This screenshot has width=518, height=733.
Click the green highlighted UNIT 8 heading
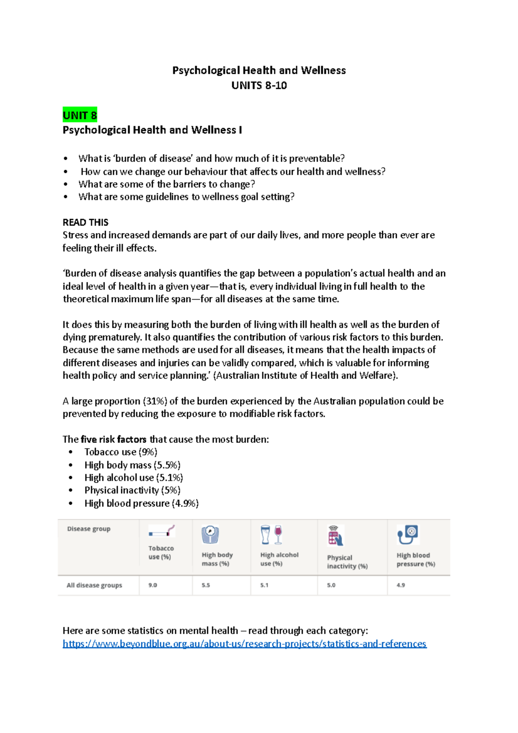click(80, 115)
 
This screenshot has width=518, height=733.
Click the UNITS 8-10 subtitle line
click(259, 85)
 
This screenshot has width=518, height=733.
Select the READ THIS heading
click(85, 222)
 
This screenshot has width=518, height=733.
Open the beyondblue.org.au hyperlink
click(244, 644)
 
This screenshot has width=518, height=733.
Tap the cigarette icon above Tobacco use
click(162, 531)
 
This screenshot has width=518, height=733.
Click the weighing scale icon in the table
click(210, 534)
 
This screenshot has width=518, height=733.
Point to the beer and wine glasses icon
click(272, 534)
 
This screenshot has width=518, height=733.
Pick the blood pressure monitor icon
click(408, 535)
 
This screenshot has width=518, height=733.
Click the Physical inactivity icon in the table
click(335, 536)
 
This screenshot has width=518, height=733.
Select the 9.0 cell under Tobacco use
click(153, 585)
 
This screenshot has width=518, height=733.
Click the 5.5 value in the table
click(206, 585)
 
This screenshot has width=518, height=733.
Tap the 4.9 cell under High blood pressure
click(401, 585)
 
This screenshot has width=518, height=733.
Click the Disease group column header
click(89, 529)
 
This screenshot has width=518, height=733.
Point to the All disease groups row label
click(94, 585)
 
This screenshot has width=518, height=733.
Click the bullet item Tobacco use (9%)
click(121, 452)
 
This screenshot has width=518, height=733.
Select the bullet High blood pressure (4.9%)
click(142, 503)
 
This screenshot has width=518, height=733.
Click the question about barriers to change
click(167, 184)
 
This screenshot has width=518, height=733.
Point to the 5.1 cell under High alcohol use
click(264, 585)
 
